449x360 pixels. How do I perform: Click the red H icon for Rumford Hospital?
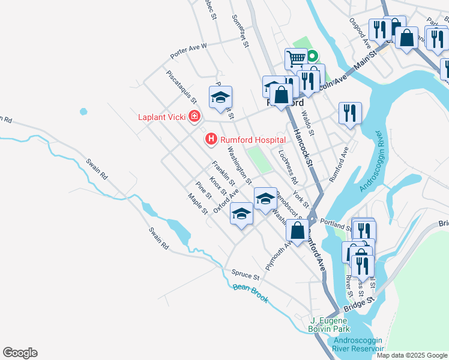click(211, 140)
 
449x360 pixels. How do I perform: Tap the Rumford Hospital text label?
click(252, 140)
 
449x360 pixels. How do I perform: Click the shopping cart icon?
click(296, 59)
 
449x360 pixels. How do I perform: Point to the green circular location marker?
click(313, 58)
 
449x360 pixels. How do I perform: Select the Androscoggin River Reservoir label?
click(358, 344)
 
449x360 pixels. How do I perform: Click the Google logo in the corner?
click(20, 353)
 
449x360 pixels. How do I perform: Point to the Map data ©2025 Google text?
click(411, 355)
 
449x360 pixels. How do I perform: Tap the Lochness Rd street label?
click(289, 166)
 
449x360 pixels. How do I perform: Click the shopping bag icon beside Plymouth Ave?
click(297, 230)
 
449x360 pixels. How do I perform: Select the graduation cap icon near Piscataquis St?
click(220, 97)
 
